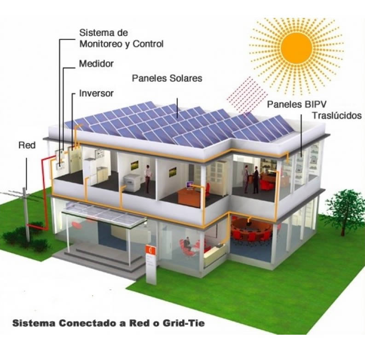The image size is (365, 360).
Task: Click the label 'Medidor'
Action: point(96,63)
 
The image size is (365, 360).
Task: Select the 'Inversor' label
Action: point(96,93)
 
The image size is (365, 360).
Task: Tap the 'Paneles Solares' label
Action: point(167,78)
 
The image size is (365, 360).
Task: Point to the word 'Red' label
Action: point(27,146)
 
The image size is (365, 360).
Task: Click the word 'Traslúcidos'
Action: point(337,115)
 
